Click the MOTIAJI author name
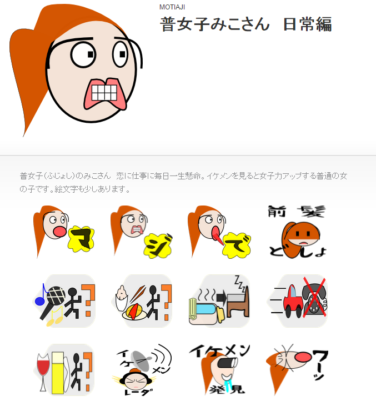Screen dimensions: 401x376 pos(172,7)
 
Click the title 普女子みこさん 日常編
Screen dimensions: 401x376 pos(246,24)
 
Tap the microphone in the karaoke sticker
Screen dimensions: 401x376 pos(56,295)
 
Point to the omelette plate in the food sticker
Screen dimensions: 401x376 pos(133,312)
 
